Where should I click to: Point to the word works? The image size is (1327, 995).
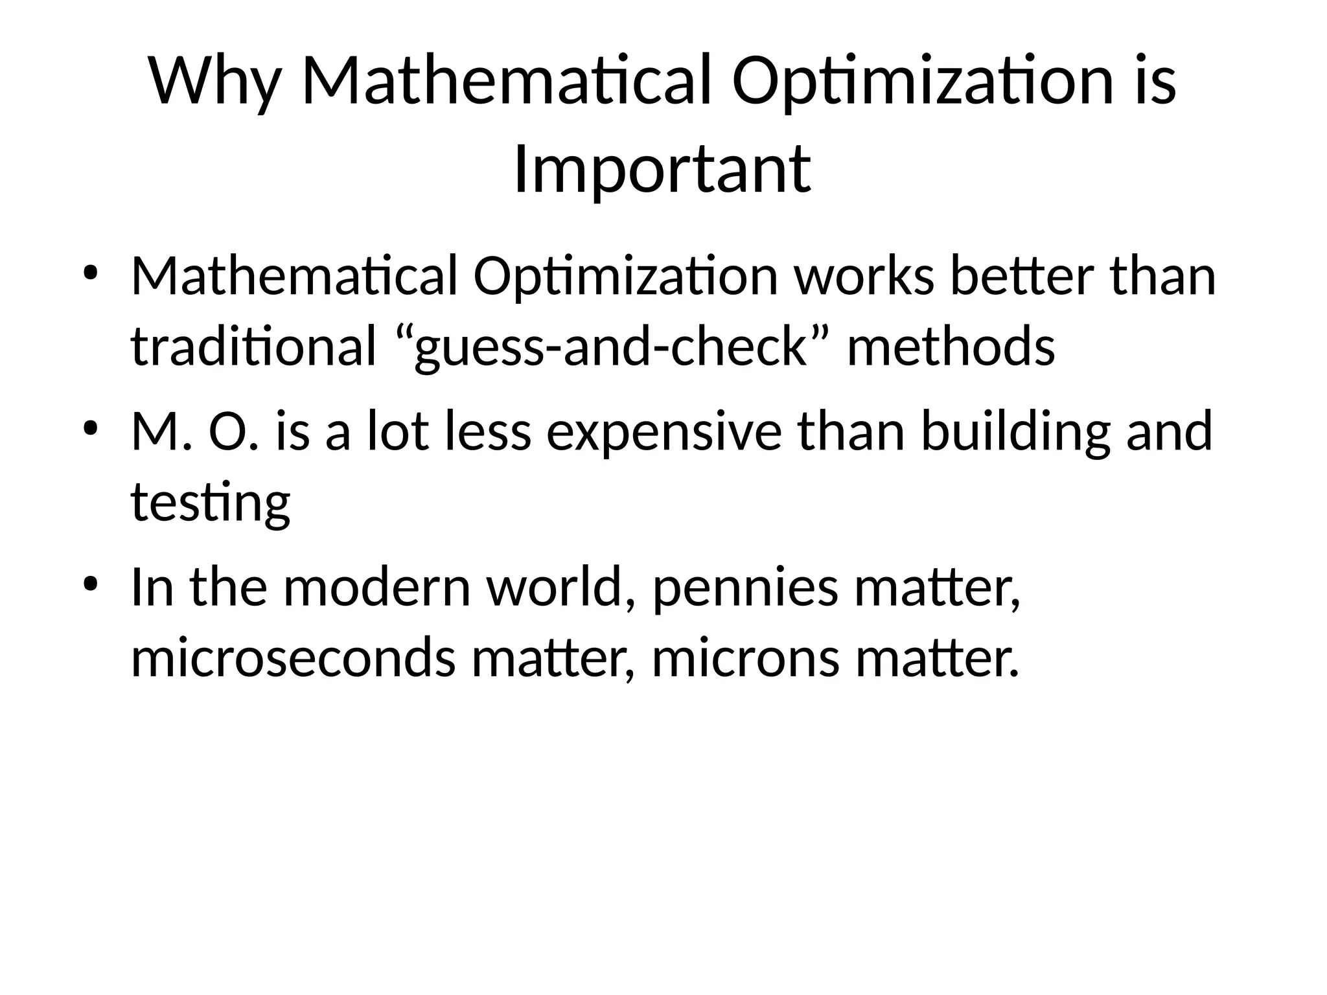[x=864, y=275]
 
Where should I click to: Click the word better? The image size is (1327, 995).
[x=1022, y=275]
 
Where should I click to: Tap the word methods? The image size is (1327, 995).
[x=951, y=345]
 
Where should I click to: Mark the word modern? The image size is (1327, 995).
[x=376, y=588]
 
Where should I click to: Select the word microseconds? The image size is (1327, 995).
[x=294, y=658]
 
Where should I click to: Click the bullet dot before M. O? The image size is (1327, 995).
[x=90, y=428]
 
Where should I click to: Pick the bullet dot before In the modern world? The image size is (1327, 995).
[x=90, y=584]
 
